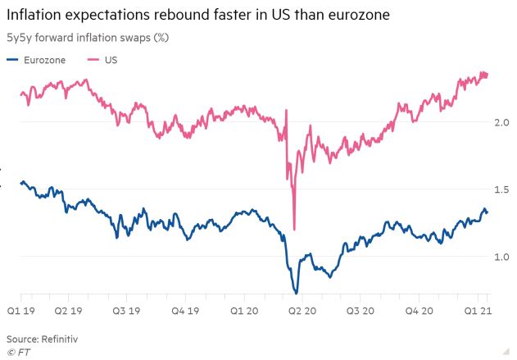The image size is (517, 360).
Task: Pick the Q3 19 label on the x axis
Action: [134, 311]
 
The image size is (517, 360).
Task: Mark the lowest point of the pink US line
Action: [294, 229]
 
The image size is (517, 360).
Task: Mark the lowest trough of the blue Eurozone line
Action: [296, 292]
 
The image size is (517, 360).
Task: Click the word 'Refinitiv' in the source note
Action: [61, 338]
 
